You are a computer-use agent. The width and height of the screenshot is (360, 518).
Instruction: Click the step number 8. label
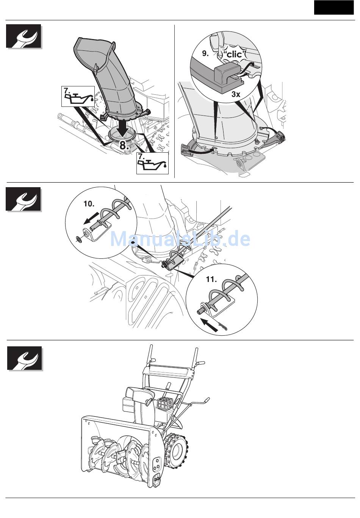click(124, 145)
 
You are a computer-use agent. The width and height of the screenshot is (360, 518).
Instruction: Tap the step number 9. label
click(205, 53)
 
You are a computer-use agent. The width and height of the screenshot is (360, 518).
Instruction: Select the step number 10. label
click(89, 204)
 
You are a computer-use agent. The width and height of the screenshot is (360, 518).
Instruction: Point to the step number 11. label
click(211, 279)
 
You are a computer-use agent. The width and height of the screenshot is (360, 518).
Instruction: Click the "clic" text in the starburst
click(234, 55)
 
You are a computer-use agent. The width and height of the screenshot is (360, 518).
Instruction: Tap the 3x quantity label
click(236, 94)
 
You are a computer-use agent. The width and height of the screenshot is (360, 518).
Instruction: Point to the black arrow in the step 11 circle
click(209, 325)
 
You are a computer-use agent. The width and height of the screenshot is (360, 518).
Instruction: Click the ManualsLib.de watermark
click(180, 239)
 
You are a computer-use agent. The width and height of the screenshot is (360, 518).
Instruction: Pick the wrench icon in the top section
click(24, 36)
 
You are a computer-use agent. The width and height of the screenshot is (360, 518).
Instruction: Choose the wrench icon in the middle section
click(23, 199)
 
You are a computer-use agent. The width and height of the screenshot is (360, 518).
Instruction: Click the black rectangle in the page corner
click(333, 8)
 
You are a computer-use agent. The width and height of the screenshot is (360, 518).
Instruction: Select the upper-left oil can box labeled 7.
click(78, 96)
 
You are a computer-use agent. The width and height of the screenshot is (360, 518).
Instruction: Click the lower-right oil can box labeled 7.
click(152, 163)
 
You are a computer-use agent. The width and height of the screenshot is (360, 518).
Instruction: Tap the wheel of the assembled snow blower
click(176, 449)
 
